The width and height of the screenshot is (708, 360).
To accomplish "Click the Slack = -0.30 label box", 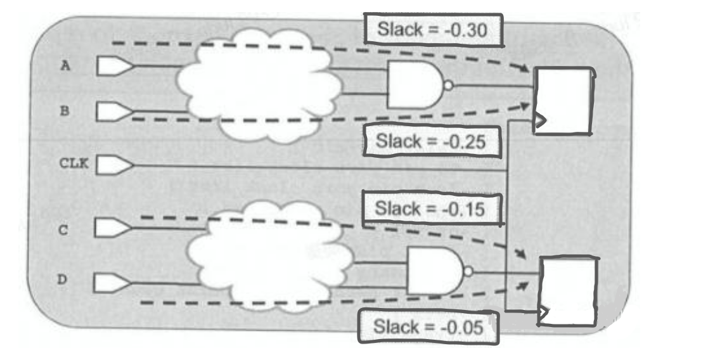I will tap(434, 29).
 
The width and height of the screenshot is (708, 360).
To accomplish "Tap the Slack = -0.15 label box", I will tap(430, 209).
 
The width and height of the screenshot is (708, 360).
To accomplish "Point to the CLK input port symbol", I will tap(115, 166).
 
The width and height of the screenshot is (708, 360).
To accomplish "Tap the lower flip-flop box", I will tap(567, 292).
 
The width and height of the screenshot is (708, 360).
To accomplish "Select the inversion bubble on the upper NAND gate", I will tap(449, 86).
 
